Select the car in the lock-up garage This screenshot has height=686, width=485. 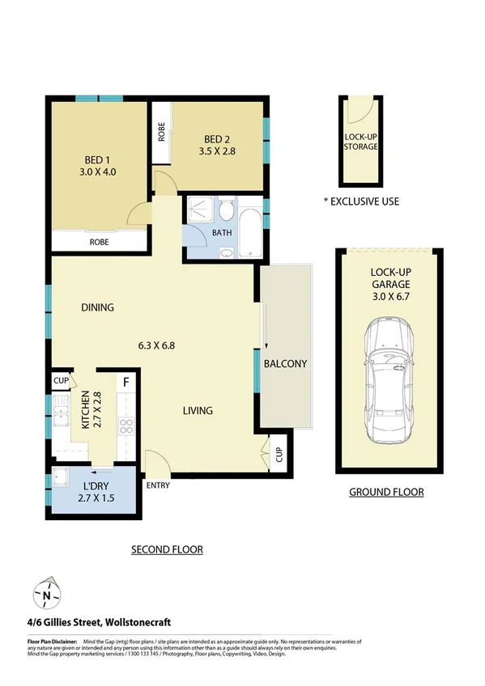click(x=389, y=380)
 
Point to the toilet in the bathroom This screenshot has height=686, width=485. click(x=227, y=214)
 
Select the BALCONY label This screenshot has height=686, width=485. click(x=285, y=364)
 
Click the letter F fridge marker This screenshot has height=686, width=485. click(x=126, y=381)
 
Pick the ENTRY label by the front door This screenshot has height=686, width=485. click(x=158, y=485)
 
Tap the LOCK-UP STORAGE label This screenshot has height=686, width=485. click(x=360, y=141)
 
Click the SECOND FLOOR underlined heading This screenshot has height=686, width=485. click(x=167, y=550)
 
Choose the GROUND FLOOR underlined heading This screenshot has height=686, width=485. click(x=386, y=492)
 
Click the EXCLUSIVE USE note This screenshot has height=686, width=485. click(x=361, y=201)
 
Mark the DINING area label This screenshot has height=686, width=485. click(x=97, y=307)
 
